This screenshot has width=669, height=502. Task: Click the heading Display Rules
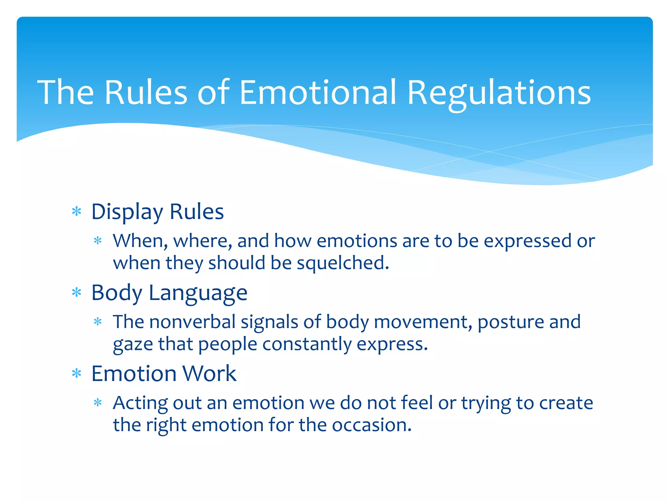157,212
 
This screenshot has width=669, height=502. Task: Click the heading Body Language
169,293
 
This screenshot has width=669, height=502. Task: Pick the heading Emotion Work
164,374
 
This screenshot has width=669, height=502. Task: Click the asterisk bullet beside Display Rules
76,212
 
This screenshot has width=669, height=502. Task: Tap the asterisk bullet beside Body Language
76,293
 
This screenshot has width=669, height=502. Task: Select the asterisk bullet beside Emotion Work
76,373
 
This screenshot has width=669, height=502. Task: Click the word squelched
343,263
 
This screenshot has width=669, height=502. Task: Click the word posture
510,322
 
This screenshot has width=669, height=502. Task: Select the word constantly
306,344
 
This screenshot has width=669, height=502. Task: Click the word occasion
371,425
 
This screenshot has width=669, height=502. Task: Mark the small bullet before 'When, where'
98,241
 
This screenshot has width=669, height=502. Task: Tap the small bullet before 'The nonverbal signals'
98,322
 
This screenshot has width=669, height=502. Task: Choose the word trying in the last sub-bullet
486,403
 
